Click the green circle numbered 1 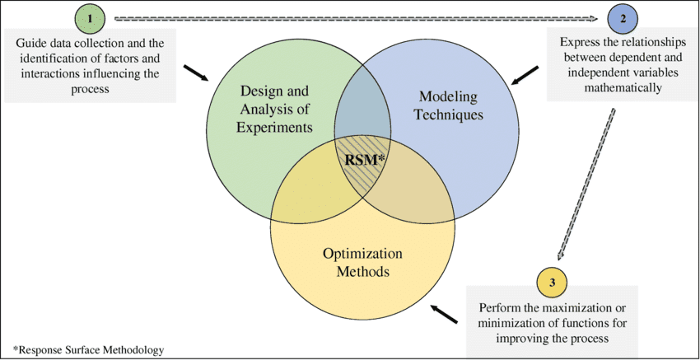91,18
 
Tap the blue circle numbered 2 622,18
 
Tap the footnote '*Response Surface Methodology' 88,349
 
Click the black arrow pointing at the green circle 195,74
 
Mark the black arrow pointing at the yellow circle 445,313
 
